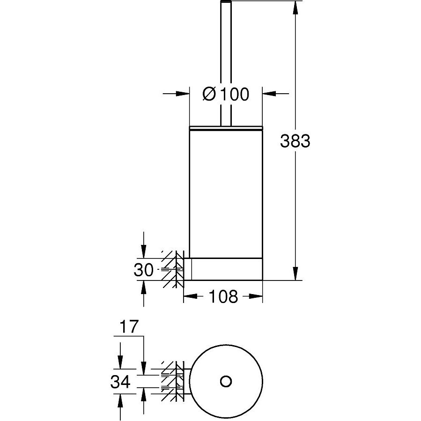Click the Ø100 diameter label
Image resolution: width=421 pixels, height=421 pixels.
(226, 94)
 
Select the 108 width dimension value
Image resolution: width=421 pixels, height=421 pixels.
(223, 296)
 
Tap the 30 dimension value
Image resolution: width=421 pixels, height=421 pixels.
(144, 270)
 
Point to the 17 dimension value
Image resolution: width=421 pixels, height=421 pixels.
(129, 327)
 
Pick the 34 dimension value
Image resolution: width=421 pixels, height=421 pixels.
(120, 382)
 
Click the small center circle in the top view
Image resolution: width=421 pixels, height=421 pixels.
(226, 381)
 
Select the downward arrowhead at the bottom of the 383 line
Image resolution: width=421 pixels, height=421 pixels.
(295, 273)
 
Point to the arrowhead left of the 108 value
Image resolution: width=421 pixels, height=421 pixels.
(190, 296)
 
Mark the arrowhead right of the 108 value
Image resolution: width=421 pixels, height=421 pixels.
(256, 296)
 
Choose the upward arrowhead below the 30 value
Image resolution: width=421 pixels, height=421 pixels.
(144, 287)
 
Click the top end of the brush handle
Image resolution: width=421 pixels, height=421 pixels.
(226, 1)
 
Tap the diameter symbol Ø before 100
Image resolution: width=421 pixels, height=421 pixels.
(209, 94)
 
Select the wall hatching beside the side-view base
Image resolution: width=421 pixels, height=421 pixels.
(172, 269)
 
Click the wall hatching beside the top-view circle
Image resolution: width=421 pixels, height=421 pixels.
(172, 381)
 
